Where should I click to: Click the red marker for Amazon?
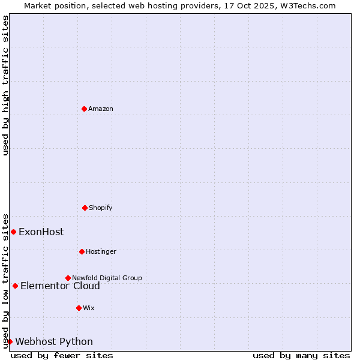(x=84, y=109)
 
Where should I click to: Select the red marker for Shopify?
(x=85, y=208)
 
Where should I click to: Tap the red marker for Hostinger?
(x=82, y=251)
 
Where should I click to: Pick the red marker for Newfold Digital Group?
(x=68, y=278)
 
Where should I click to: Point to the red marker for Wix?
(x=79, y=308)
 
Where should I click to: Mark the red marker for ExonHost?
(x=13, y=232)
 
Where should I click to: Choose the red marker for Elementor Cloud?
(x=15, y=286)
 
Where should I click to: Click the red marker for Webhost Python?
(x=10, y=341)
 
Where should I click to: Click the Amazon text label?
(x=101, y=109)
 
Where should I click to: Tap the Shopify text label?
(x=101, y=208)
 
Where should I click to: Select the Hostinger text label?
(x=101, y=251)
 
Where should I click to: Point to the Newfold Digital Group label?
(x=107, y=278)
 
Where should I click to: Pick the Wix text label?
(x=89, y=308)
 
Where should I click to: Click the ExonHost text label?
(x=41, y=232)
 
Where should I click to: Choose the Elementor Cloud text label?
(x=60, y=286)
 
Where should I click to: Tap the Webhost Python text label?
(x=54, y=341)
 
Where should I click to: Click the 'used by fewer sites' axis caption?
(x=62, y=355)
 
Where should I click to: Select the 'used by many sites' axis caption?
(x=301, y=355)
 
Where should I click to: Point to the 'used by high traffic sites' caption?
(x=5, y=85)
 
